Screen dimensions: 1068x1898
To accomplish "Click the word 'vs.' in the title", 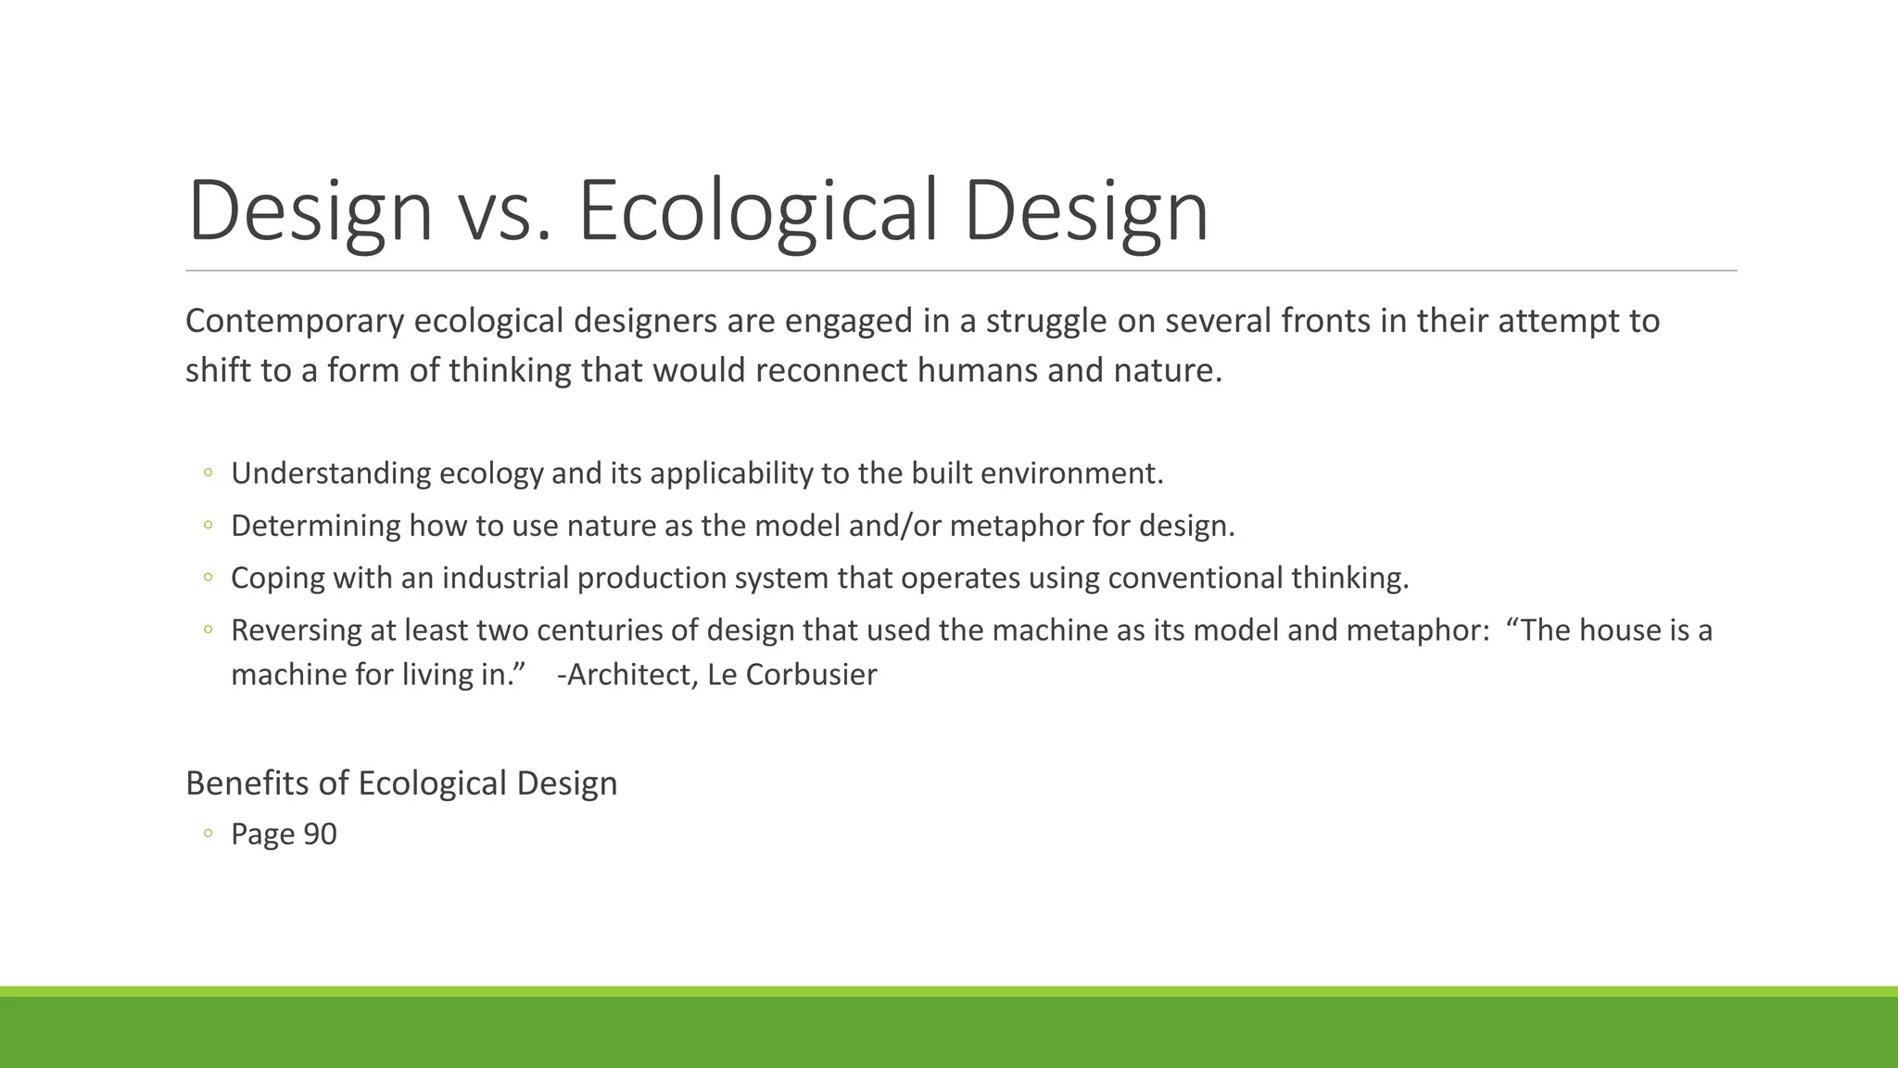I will point(506,211).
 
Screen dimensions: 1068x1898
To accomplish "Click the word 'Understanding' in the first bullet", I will point(330,474).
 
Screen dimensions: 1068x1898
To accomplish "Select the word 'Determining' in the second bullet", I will point(315,526).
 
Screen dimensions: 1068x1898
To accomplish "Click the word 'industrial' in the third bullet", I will point(505,578).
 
